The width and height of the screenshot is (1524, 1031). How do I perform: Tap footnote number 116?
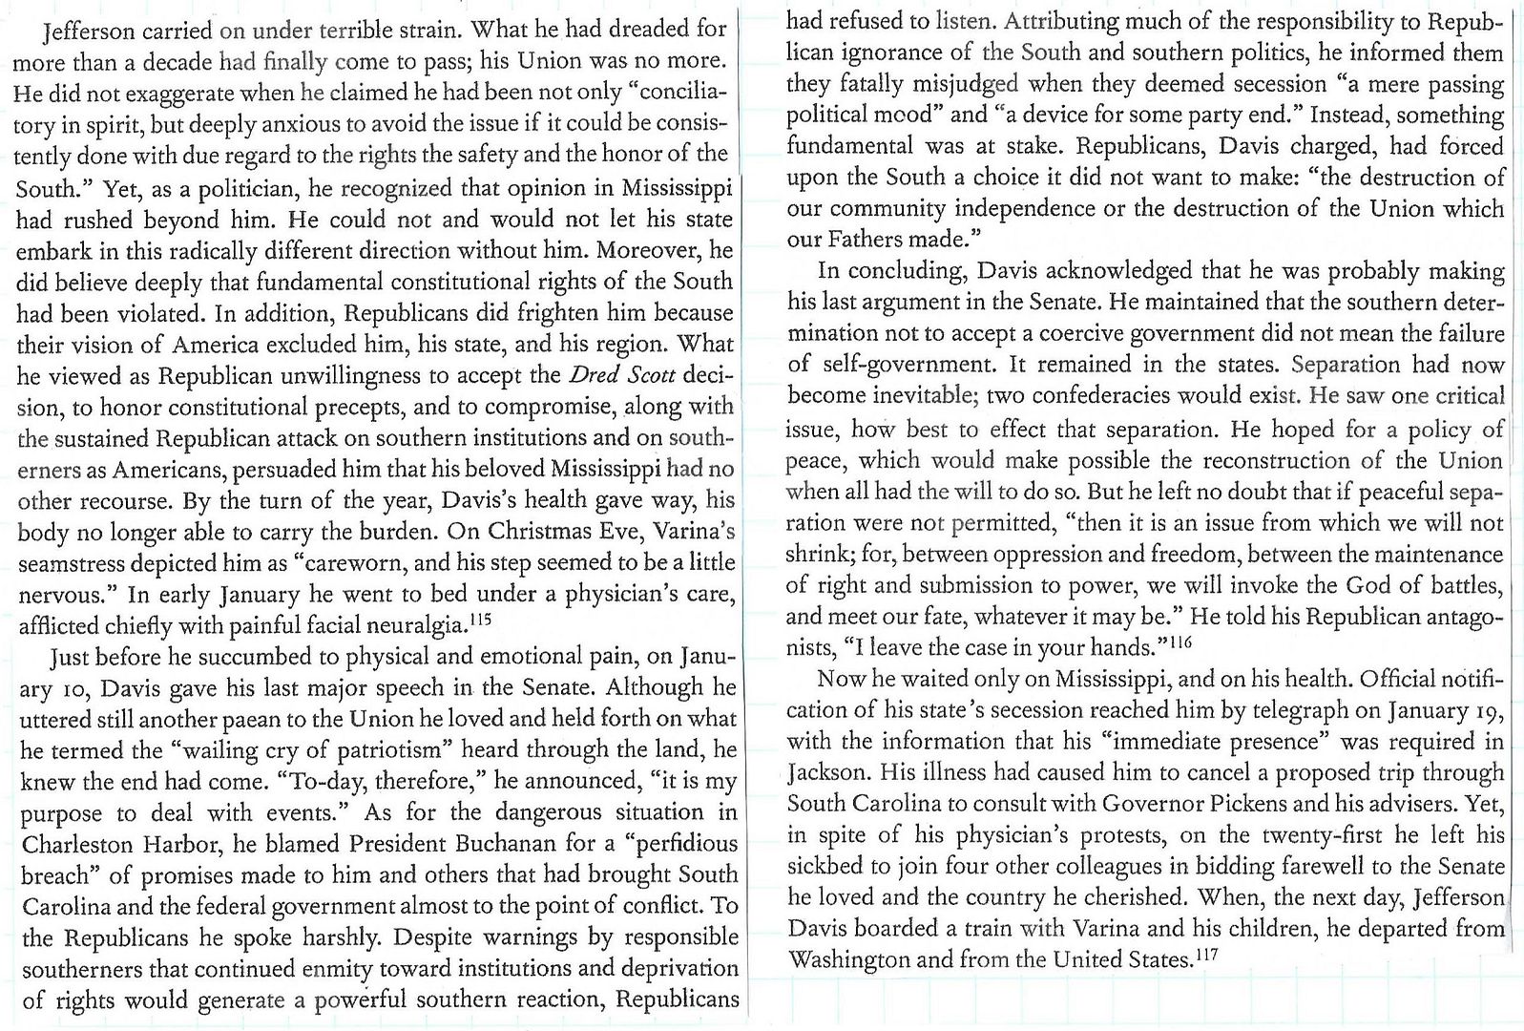(1180, 642)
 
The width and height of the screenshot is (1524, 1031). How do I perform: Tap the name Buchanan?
(487, 844)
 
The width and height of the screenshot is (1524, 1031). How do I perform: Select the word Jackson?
(825, 772)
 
